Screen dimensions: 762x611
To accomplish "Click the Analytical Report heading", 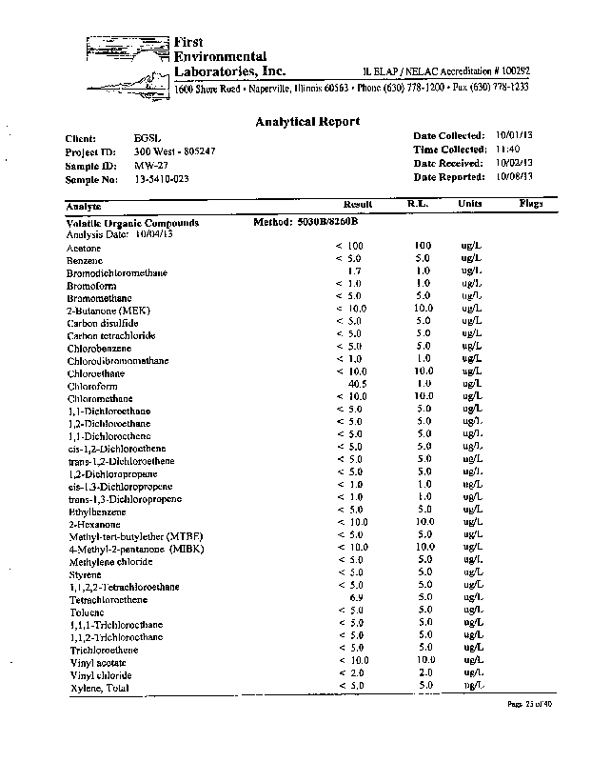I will [x=307, y=121].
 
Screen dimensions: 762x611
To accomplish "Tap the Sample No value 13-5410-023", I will [x=160, y=179].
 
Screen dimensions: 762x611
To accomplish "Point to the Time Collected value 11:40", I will [x=507, y=150].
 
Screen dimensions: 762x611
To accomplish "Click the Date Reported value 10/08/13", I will [x=514, y=176].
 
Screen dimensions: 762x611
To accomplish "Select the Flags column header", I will [x=530, y=204].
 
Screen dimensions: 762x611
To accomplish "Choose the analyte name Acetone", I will [x=84, y=248].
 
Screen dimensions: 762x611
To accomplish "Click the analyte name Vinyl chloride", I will [x=100, y=675].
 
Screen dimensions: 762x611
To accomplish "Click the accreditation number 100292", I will [x=510, y=71].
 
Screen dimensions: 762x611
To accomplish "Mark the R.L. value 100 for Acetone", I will [x=424, y=246].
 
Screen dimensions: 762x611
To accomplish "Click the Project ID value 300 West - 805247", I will [x=174, y=151].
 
